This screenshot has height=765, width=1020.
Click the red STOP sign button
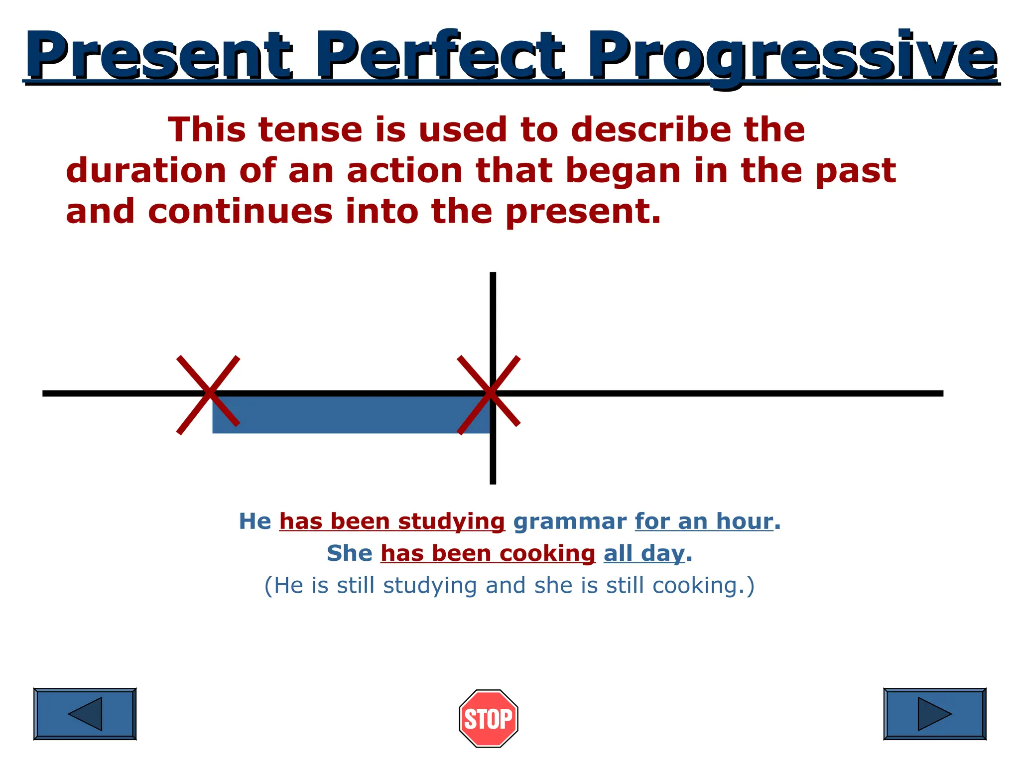tap(488, 718)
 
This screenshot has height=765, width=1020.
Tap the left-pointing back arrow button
tap(85, 714)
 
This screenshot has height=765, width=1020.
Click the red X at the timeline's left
tap(208, 394)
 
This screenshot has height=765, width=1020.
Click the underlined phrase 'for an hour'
tap(704, 521)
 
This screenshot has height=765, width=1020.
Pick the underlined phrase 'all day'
tap(644, 553)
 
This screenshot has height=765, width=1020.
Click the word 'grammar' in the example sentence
tap(569, 521)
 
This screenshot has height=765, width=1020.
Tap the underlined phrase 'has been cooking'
tap(488, 553)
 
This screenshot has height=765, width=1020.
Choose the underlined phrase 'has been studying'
tap(392, 521)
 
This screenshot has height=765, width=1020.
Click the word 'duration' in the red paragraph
tap(146, 171)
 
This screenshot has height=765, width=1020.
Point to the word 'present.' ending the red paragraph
tap(583, 212)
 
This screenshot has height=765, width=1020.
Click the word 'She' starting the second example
tap(349, 553)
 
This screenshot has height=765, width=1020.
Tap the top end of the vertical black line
tap(493, 275)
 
